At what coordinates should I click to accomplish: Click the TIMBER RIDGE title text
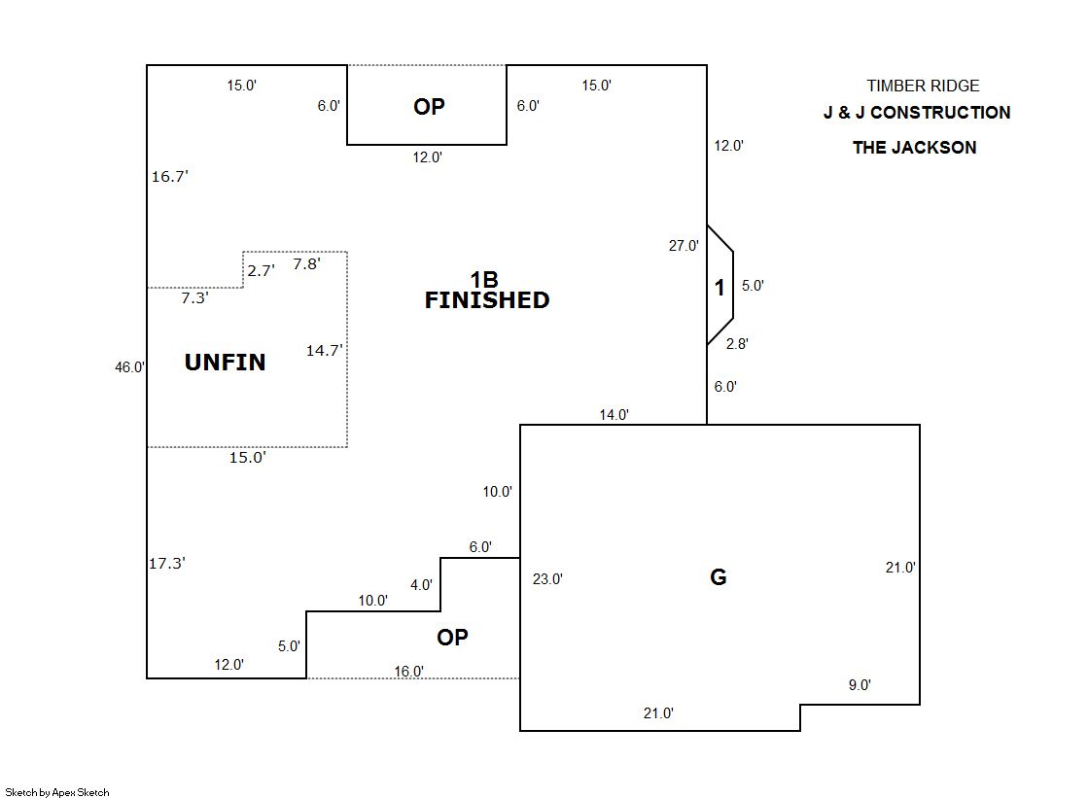click(923, 87)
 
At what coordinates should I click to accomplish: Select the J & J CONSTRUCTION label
click(917, 113)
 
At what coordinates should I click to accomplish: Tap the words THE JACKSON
click(914, 148)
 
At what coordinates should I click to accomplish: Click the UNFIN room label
click(225, 363)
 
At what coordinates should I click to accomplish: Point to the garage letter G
click(719, 577)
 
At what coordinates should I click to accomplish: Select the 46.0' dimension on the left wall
click(130, 367)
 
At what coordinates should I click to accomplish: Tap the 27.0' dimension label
click(684, 246)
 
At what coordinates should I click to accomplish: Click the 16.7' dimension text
click(170, 177)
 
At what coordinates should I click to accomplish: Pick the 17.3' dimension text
click(167, 563)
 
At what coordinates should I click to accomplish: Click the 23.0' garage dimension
click(547, 579)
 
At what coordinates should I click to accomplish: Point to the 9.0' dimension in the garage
click(860, 685)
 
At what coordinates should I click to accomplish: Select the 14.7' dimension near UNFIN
click(325, 351)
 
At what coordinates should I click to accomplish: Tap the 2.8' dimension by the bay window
click(737, 343)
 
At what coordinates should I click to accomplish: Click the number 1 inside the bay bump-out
click(719, 288)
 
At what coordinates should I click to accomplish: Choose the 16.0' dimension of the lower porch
click(408, 671)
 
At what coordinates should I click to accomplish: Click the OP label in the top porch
click(429, 107)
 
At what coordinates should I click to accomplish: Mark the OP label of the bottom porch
click(452, 638)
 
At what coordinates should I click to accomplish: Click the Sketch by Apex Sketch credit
click(57, 792)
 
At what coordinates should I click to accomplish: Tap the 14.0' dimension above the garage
click(614, 415)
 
